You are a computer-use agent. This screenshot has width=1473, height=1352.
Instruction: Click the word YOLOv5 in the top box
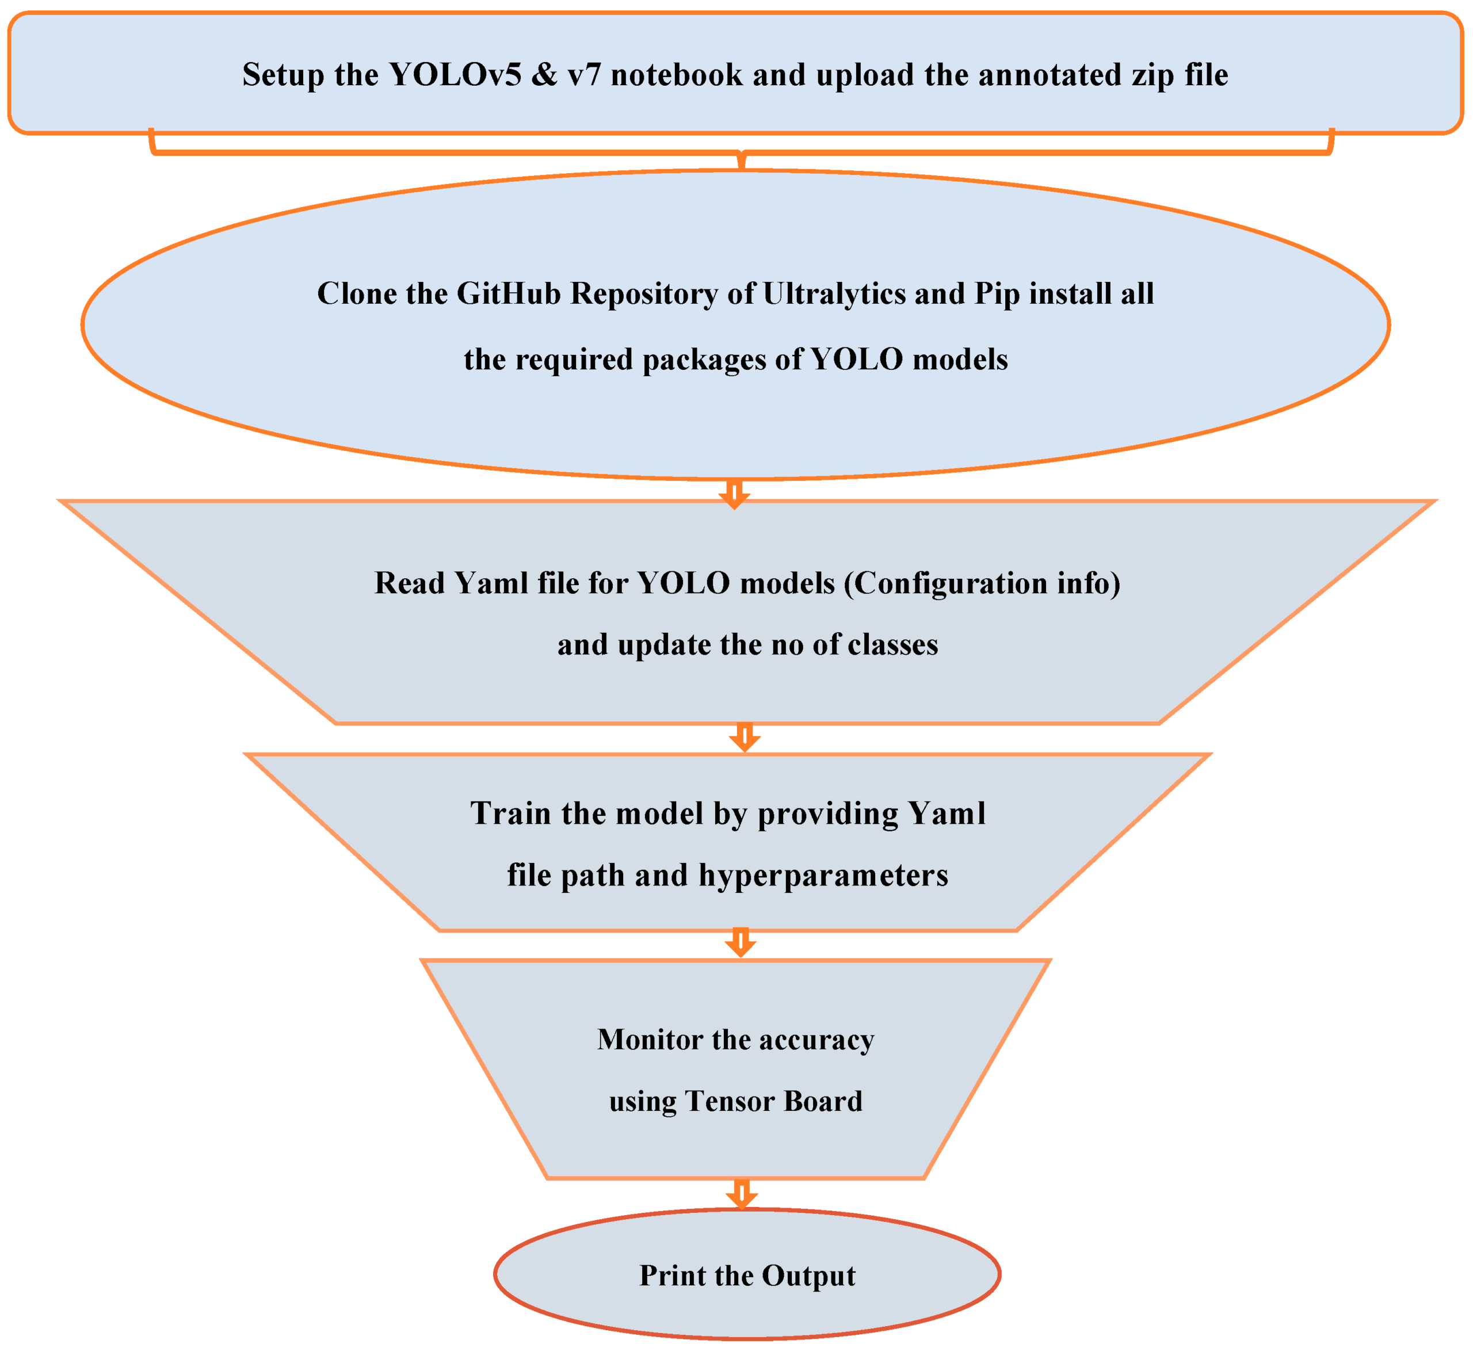point(455,75)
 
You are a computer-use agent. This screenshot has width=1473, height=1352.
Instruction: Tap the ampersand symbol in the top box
point(544,75)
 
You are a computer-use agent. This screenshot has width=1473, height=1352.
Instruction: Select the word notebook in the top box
point(677,75)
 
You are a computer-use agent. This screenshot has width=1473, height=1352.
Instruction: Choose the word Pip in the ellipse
point(997,295)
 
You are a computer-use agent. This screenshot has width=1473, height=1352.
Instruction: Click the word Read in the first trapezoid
point(410,583)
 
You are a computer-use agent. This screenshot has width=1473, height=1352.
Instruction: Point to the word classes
point(892,644)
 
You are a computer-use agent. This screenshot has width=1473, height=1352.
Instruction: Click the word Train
point(512,814)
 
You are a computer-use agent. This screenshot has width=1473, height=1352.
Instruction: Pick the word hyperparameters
point(823,876)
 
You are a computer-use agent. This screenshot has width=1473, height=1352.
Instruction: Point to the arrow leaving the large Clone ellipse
point(734,495)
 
